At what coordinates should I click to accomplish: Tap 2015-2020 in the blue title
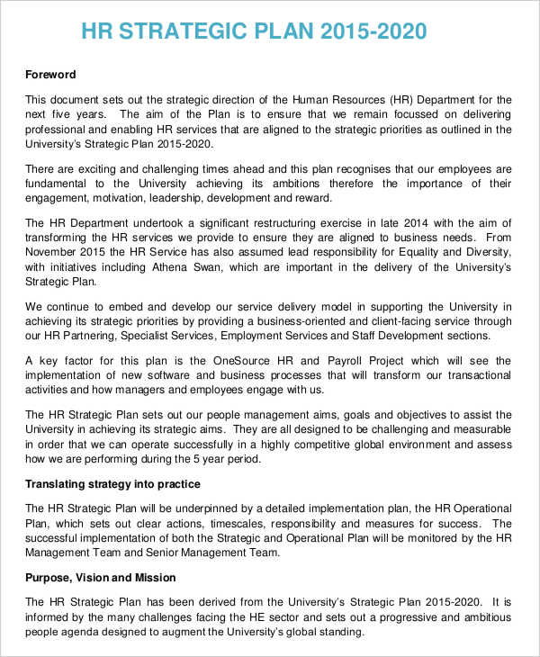(372, 32)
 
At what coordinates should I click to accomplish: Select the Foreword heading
(50, 75)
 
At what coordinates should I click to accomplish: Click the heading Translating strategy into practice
(113, 484)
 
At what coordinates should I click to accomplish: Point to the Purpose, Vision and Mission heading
(101, 577)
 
